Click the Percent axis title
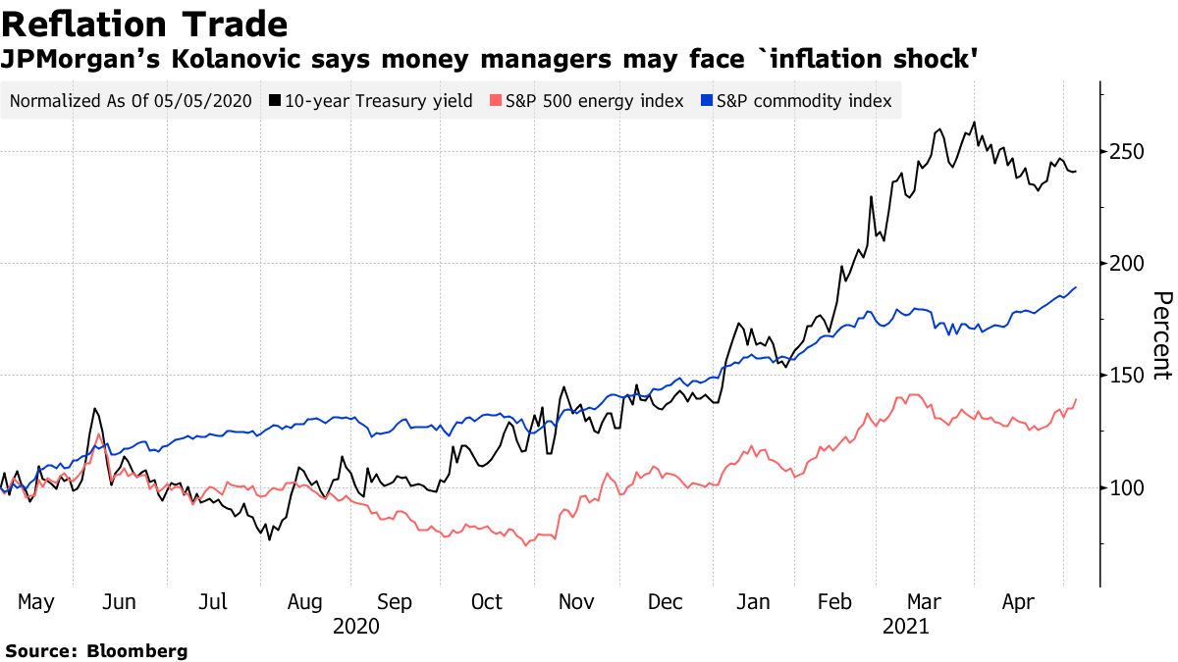tap(1161, 335)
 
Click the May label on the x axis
tap(35, 602)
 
